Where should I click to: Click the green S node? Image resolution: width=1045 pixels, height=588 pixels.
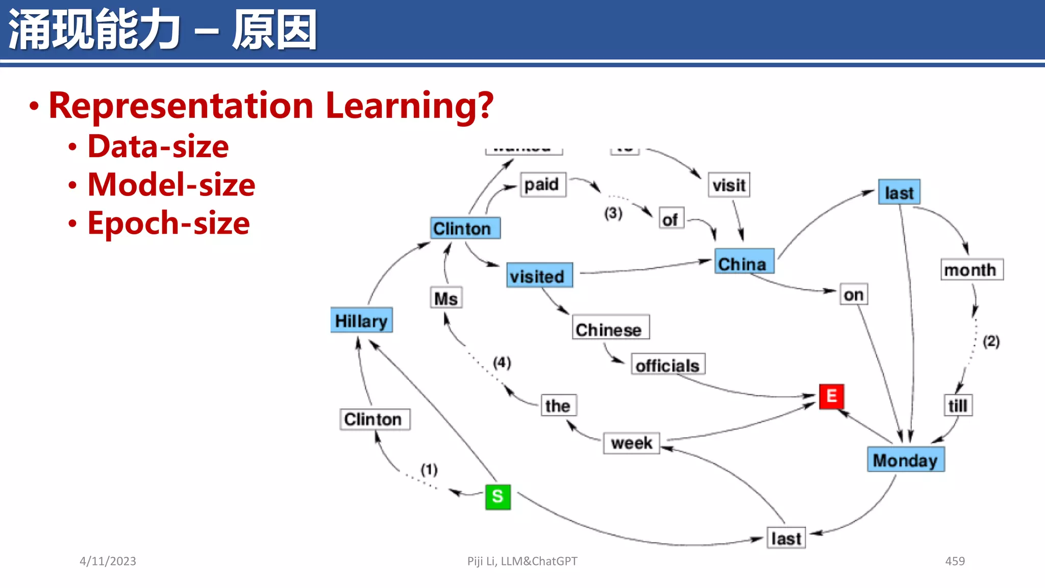(x=497, y=497)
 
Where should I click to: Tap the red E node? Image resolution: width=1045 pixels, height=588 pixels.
(x=831, y=396)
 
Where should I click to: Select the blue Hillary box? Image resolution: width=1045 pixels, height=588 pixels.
(x=361, y=320)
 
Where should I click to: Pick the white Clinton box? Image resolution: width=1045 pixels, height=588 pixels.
(x=375, y=419)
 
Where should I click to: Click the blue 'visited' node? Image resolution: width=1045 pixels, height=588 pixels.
(x=539, y=276)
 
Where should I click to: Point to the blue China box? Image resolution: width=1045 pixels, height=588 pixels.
(x=744, y=262)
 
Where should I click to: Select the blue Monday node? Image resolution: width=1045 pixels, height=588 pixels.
(x=906, y=459)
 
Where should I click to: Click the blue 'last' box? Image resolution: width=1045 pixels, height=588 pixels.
(x=899, y=192)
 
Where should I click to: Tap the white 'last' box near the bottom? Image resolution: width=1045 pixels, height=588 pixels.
(x=786, y=538)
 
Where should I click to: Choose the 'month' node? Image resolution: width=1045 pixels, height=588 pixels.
(x=971, y=269)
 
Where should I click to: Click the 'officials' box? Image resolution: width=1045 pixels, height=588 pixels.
(x=668, y=364)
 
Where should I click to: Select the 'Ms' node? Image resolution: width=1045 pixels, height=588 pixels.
(x=446, y=298)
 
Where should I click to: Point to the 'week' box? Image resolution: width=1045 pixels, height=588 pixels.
(x=631, y=443)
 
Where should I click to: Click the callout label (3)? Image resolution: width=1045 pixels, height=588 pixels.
(x=613, y=213)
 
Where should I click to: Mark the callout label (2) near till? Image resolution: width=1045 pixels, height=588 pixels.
(x=991, y=341)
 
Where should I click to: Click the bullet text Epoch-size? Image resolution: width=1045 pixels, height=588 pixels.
(x=168, y=223)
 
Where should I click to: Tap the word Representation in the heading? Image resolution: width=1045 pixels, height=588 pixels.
(x=181, y=106)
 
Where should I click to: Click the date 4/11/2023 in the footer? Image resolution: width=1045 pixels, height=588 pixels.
(x=108, y=561)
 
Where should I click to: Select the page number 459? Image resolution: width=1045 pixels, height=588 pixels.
(x=955, y=561)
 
